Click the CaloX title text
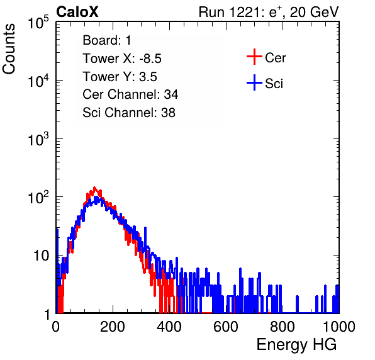point(77,12)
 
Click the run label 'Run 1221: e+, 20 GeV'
point(269,12)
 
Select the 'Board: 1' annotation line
point(107,40)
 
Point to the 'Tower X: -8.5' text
point(122,59)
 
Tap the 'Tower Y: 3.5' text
point(120,77)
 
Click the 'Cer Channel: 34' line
point(130,94)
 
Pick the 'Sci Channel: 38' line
point(129,113)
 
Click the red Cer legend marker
point(254,57)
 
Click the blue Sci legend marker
point(254,83)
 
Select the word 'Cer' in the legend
point(275,58)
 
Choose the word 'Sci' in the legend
point(274,84)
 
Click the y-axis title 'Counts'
point(9,49)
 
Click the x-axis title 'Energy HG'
point(296,344)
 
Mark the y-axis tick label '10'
point(42,256)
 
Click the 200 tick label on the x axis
point(113,327)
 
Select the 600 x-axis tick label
point(226,327)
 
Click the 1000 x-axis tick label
point(339,327)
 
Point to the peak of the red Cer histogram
point(94,188)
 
